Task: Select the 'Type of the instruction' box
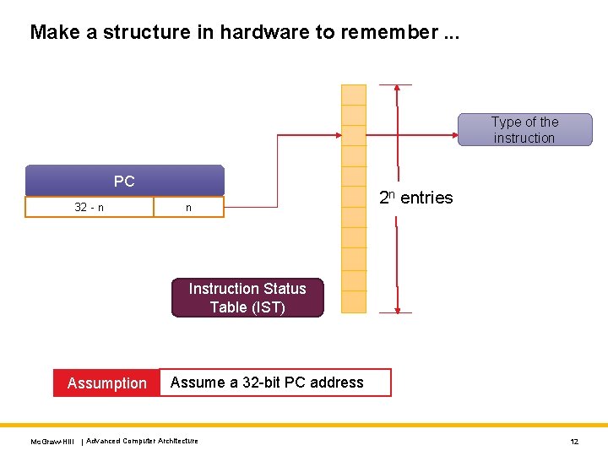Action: click(x=524, y=130)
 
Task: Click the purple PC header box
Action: click(x=124, y=181)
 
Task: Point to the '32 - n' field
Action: click(x=90, y=208)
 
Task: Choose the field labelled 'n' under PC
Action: click(x=188, y=208)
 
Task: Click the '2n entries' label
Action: click(x=415, y=198)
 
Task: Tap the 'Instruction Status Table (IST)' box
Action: click(x=247, y=298)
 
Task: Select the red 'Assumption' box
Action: click(x=106, y=383)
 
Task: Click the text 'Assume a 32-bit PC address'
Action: click(x=267, y=383)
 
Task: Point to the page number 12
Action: click(x=574, y=442)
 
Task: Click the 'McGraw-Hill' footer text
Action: click(x=52, y=442)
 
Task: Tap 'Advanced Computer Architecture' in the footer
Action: click(x=143, y=441)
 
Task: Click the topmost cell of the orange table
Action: click(x=353, y=95)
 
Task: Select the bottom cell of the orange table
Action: click(x=353, y=301)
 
